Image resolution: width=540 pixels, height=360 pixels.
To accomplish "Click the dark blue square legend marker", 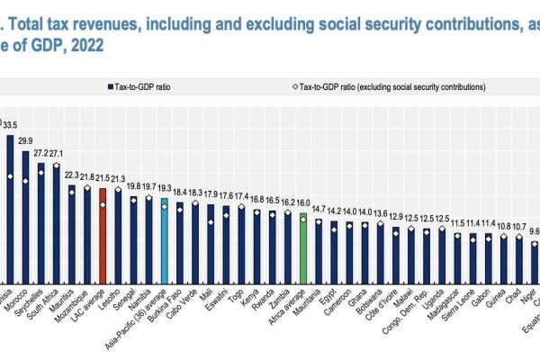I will point(105,87).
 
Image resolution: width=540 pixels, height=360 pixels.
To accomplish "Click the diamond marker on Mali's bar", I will point(211,222).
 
